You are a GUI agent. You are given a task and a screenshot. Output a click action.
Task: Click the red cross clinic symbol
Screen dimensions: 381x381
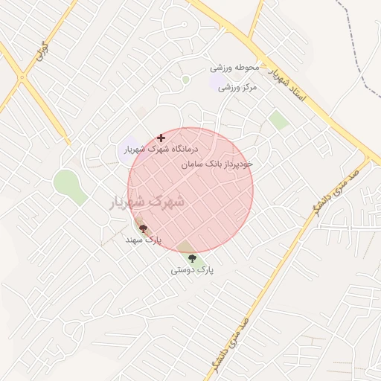[161, 138]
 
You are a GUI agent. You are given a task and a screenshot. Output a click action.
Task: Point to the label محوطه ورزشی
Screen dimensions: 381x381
[234, 68]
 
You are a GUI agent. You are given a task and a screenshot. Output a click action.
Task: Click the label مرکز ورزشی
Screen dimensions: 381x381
[237, 87]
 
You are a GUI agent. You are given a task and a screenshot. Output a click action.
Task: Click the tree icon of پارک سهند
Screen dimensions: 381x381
[143, 229]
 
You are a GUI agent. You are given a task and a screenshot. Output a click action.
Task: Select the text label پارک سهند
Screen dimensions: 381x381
[143, 240]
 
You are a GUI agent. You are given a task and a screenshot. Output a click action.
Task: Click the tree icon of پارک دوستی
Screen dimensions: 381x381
[192, 258]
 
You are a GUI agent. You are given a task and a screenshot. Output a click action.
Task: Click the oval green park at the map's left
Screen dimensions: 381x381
[68, 186]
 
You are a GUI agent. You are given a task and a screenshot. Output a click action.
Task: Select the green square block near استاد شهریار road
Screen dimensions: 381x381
[278, 120]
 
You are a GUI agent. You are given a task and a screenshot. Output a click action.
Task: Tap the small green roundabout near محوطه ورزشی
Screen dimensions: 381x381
[185, 80]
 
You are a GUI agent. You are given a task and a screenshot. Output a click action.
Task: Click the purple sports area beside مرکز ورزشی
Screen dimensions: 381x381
[217, 80]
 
